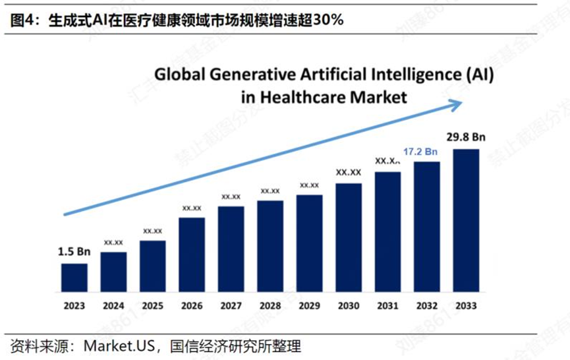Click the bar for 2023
pyautogui.click(x=74, y=277)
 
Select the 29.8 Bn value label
pyautogui.click(x=466, y=138)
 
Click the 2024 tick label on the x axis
pyautogui.click(x=113, y=306)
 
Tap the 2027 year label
pyautogui.click(x=231, y=306)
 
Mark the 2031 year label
pyautogui.click(x=387, y=306)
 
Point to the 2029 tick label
pyautogui.click(x=309, y=306)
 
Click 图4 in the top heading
pyautogui.click(x=22, y=20)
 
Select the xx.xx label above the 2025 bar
pyautogui.click(x=152, y=231)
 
